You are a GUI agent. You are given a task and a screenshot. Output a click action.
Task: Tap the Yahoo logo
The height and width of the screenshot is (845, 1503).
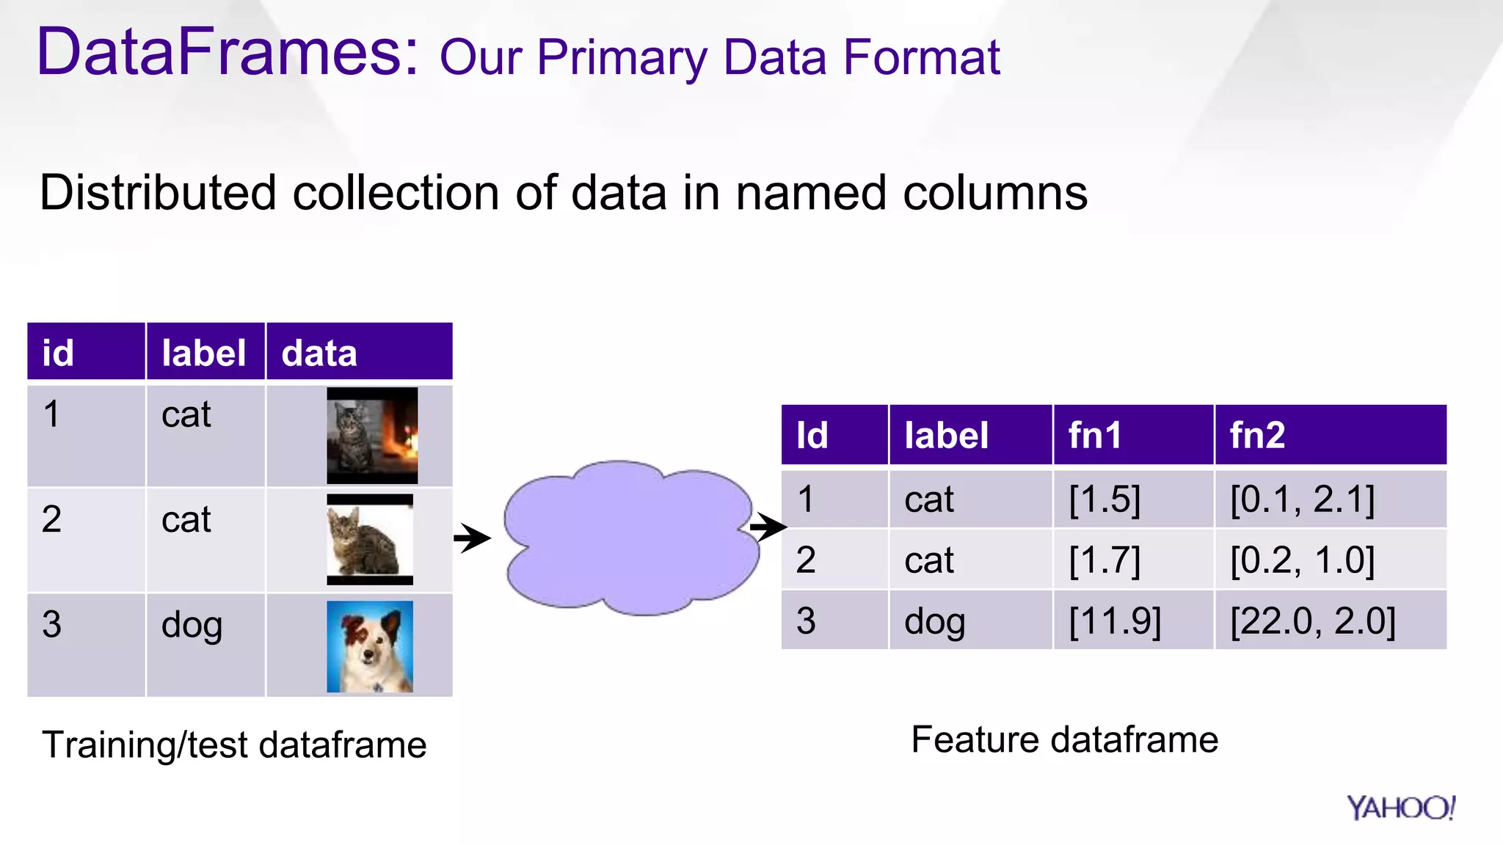[x=1400, y=808]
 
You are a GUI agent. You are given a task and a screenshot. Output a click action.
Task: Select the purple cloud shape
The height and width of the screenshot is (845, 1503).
[x=630, y=538]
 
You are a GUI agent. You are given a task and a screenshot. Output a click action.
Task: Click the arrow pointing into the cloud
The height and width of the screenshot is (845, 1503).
[x=472, y=538]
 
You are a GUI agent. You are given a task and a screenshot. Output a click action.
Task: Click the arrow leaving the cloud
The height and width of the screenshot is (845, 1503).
[x=768, y=526]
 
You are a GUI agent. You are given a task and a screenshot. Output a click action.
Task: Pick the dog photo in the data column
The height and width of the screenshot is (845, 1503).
[x=370, y=646]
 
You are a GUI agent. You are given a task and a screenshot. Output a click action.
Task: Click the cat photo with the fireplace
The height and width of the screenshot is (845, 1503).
[x=372, y=435]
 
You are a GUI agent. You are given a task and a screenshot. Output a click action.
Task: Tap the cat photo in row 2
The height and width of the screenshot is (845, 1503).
[x=370, y=539]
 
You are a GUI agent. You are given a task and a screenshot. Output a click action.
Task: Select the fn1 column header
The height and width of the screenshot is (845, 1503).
[x=1094, y=435]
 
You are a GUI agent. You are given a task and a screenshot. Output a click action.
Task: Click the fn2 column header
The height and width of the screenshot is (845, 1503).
[x=1257, y=435]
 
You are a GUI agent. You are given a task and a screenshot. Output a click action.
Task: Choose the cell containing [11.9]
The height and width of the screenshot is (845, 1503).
[x=1115, y=621]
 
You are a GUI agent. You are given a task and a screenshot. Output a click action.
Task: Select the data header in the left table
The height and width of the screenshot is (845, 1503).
[x=319, y=353]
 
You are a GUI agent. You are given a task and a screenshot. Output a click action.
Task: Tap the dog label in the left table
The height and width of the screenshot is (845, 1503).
[x=192, y=625]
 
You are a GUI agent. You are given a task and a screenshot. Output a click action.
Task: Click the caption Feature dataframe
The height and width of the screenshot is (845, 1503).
[x=1064, y=739]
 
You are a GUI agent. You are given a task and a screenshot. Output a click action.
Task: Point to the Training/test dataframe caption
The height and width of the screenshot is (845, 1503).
[x=234, y=745]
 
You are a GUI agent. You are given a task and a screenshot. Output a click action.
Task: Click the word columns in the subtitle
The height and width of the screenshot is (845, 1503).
[x=994, y=193]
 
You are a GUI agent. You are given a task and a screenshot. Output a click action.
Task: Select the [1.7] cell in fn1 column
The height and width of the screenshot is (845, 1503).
[x=1104, y=560]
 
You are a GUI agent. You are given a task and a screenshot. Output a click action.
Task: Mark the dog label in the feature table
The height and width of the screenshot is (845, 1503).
[x=934, y=621]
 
